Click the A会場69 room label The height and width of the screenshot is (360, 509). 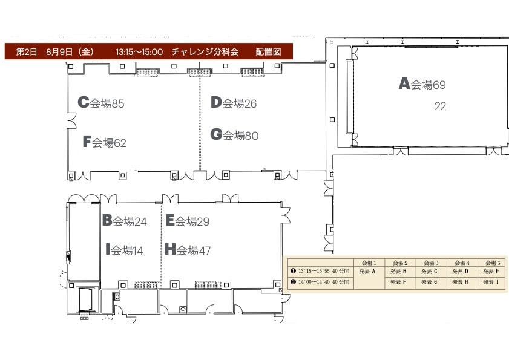click(422, 83)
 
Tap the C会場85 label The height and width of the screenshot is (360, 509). click(101, 103)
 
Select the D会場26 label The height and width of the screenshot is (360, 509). click(234, 103)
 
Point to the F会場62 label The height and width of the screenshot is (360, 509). click(105, 142)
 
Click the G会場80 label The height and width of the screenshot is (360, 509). click(234, 135)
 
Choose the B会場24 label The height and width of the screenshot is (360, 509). click(125, 221)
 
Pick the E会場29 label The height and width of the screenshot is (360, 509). click(188, 221)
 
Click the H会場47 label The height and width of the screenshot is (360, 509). click(188, 250)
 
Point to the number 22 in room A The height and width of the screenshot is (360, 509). click(440, 106)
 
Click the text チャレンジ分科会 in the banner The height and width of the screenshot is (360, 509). click(205, 51)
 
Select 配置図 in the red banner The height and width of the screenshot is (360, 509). click(268, 51)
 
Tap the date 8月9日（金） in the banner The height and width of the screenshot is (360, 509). click(70, 51)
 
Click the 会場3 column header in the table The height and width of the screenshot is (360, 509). click(431, 263)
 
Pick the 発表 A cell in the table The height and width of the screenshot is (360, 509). click(367, 272)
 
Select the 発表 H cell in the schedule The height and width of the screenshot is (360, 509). click(460, 282)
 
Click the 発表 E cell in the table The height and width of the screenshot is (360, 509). click(491, 272)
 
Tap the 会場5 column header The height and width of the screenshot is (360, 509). click(493, 263)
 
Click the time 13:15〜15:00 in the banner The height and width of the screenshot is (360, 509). click(139, 52)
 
